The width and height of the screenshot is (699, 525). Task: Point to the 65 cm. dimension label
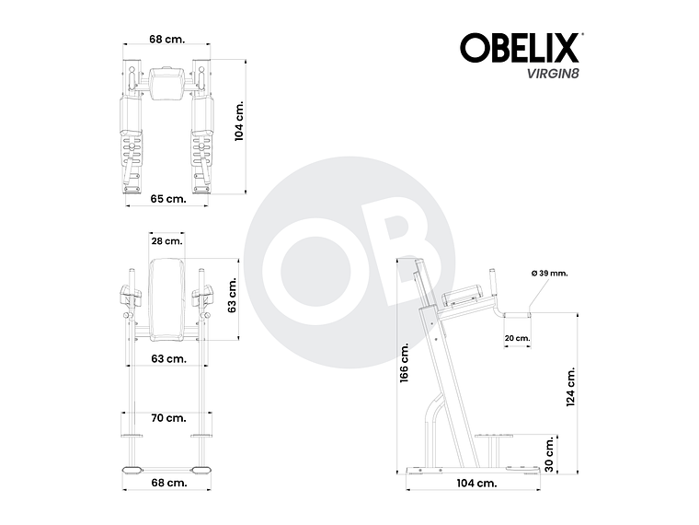pos(168,198)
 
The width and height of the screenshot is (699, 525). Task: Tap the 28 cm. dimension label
pos(167,241)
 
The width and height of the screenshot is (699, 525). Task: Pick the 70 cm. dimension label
pos(169,418)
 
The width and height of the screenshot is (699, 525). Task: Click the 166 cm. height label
pos(404,364)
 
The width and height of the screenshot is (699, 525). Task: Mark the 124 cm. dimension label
pos(571,387)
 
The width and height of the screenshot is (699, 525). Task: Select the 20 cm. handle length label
pos(517,338)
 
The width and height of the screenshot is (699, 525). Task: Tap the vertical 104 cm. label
pos(239,122)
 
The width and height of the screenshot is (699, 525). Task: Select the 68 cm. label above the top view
pos(168,40)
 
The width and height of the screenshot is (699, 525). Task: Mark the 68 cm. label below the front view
pos(169,482)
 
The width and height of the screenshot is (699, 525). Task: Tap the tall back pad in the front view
pos(167,295)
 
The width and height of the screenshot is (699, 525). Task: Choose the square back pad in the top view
pos(167,83)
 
